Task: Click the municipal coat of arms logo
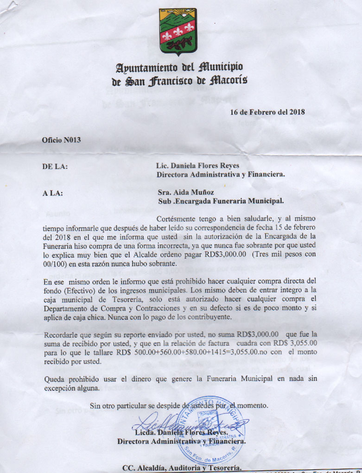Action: pyautogui.click(x=178, y=32)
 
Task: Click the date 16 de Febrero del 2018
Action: pyautogui.click(x=267, y=112)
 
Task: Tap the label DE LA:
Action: pyautogui.click(x=55, y=167)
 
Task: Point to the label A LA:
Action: pyautogui.click(x=52, y=192)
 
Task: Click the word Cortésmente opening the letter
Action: pyautogui.click(x=178, y=219)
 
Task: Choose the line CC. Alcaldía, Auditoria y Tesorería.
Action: pyautogui.click(x=181, y=467)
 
